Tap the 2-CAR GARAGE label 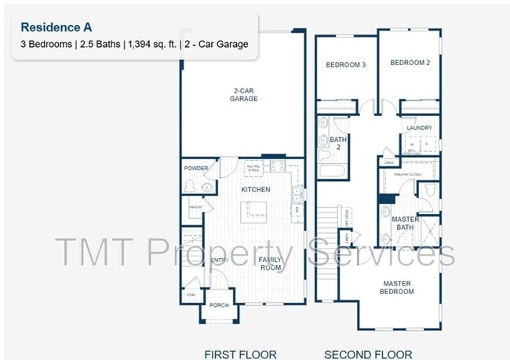(243, 95)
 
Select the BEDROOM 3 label (346, 64)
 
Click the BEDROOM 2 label (410, 63)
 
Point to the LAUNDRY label (419, 127)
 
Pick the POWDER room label (196, 169)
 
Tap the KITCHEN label (255, 190)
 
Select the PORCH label (219, 305)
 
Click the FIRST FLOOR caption (240, 354)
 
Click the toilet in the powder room (189, 186)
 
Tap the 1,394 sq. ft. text (152, 45)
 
